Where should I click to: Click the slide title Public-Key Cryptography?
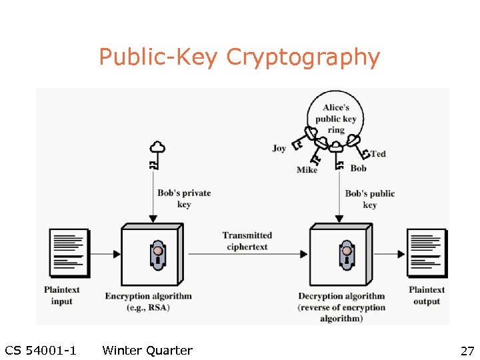click(x=239, y=57)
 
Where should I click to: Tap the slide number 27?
click(x=466, y=351)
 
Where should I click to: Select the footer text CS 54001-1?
click(x=40, y=351)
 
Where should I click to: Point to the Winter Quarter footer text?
click(x=147, y=351)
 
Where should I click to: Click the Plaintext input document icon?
click(x=69, y=253)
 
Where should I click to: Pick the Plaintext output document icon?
click(x=427, y=253)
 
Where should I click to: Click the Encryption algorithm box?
click(x=151, y=255)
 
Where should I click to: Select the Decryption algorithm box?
click(x=340, y=255)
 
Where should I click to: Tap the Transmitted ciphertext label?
click(x=247, y=241)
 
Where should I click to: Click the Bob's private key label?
click(x=184, y=199)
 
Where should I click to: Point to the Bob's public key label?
click(x=370, y=199)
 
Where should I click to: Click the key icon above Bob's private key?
click(x=156, y=155)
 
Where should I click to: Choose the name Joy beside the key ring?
click(x=279, y=148)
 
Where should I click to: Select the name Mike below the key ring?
click(x=307, y=170)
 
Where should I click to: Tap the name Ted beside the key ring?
click(x=378, y=154)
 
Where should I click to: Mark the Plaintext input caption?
click(x=62, y=295)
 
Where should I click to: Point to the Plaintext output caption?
click(x=427, y=295)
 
